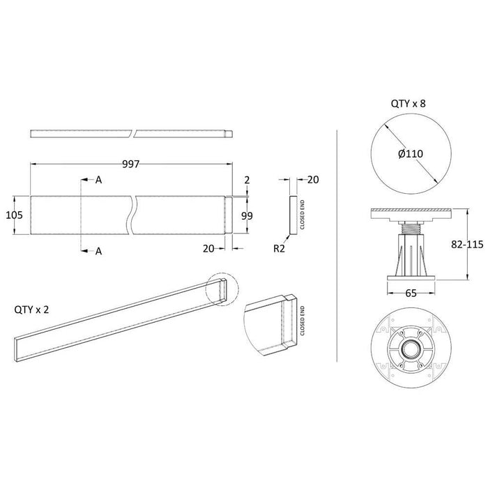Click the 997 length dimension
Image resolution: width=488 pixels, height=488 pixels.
tap(131, 164)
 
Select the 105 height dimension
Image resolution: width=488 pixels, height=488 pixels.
tap(15, 215)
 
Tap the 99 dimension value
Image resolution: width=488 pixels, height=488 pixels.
tap(247, 215)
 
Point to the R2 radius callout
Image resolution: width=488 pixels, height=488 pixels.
tap(279, 248)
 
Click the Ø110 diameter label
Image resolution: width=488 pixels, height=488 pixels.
tap(411, 153)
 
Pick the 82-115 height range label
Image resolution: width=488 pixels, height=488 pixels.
tap(467, 244)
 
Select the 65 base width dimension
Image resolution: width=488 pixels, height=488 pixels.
tap(411, 293)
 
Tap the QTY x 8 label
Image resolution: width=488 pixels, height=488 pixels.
tap(408, 103)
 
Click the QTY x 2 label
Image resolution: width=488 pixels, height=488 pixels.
tap(31, 310)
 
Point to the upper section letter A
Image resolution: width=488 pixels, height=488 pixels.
tap(99, 180)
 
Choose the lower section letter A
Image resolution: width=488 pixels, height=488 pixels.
tap(99, 251)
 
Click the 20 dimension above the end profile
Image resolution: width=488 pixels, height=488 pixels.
tap(313, 180)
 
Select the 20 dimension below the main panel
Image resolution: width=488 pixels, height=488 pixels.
tap(208, 248)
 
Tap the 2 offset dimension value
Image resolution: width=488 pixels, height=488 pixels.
tap(247, 180)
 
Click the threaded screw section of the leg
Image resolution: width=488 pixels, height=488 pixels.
tap(411, 229)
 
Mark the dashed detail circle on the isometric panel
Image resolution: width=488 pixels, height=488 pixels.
tap(222, 290)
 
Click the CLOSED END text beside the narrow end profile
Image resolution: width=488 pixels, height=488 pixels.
tap(302, 215)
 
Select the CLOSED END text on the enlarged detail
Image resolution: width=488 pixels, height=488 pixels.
tap(302, 321)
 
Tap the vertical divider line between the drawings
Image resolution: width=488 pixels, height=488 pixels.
tap(337, 246)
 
